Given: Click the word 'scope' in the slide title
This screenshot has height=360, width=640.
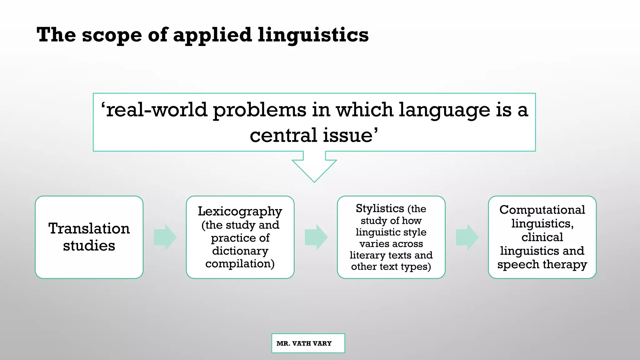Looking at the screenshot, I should tap(112, 35).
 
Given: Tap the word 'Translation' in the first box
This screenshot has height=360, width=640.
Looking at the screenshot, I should tap(89, 228).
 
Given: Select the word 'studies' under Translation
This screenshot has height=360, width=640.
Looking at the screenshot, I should tap(89, 246).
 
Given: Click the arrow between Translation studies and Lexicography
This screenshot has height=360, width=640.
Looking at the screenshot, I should tap(165, 237).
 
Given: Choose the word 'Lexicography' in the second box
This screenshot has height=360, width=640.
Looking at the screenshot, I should tap(240, 212).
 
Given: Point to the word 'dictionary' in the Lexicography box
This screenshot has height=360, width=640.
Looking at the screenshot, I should tap(240, 251).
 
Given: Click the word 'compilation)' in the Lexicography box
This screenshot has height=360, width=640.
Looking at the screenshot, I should tap(240, 264).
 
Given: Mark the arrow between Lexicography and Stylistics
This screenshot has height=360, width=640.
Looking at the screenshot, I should tap(316, 237).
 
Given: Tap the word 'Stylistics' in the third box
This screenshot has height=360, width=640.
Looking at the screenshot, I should tap(380, 208).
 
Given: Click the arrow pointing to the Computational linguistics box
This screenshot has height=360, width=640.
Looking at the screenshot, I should tap(467, 237).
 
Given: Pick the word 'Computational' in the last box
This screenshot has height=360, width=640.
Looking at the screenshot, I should tap(542, 210).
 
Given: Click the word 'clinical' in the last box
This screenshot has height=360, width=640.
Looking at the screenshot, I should tap(542, 237).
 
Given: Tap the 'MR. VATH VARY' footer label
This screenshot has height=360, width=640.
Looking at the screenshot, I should tap(304, 343).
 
